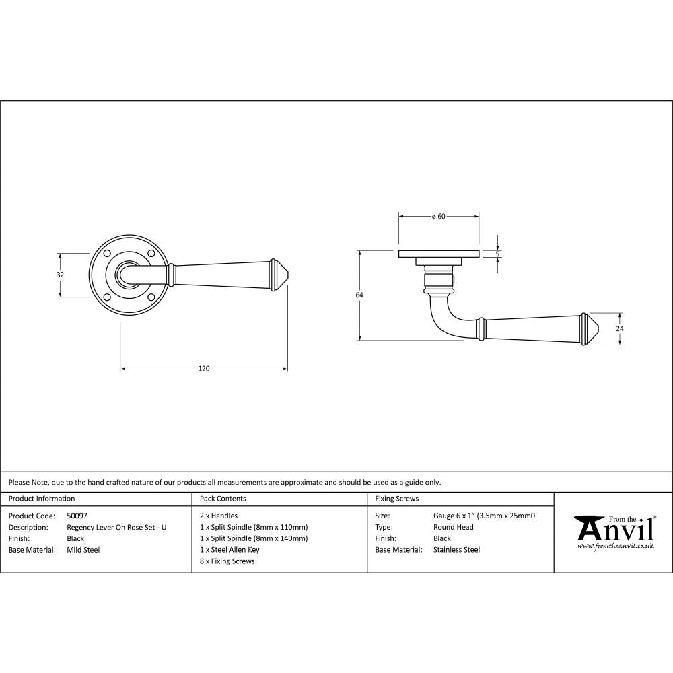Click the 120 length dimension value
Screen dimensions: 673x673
click(204, 368)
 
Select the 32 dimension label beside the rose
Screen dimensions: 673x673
click(60, 275)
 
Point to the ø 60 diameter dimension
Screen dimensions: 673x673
click(439, 216)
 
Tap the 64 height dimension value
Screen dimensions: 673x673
click(359, 295)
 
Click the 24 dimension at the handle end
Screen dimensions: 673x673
click(620, 328)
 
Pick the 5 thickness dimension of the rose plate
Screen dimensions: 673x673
click(497, 254)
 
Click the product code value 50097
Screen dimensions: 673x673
click(77, 516)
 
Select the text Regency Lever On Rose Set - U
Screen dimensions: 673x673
click(116, 527)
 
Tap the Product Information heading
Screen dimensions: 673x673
click(42, 499)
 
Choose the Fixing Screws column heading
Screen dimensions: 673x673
click(396, 499)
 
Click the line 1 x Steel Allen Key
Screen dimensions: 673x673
click(229, 550)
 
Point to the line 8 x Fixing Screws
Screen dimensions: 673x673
click(227, 561)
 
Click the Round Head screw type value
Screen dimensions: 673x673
click(453, 527)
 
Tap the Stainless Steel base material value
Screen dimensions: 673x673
click(456, 550)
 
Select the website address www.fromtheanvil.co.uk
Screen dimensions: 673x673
click(616, 546)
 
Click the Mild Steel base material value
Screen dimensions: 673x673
click(83, 550)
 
